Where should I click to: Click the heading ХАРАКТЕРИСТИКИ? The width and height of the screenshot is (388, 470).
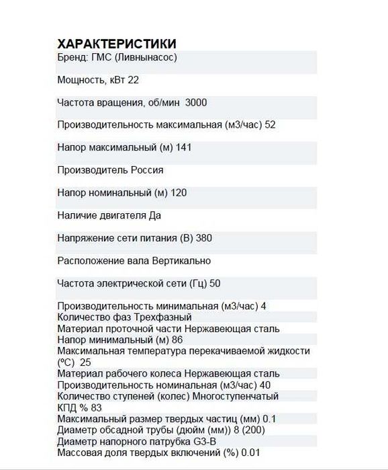tap(117, 44)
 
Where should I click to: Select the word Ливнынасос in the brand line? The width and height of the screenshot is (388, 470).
tap(148, 57)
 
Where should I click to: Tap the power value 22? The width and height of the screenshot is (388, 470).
tap(133, 80)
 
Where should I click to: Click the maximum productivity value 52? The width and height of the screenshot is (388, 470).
tap(271, 124)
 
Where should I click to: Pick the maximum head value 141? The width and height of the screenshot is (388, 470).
tap(184, 147)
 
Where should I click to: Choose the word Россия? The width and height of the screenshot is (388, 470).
tap(147, 170)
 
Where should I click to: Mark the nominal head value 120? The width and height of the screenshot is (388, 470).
tap(179, 193)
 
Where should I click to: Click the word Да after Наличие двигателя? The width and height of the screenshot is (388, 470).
tap(154, 216)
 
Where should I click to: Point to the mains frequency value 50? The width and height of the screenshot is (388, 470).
tap(215, 283)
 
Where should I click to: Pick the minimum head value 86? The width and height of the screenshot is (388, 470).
tap(177, 340)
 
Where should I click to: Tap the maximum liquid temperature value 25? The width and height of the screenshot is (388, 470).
tap(85, 362)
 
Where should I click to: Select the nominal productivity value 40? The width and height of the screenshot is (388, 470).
tap(266, 385)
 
